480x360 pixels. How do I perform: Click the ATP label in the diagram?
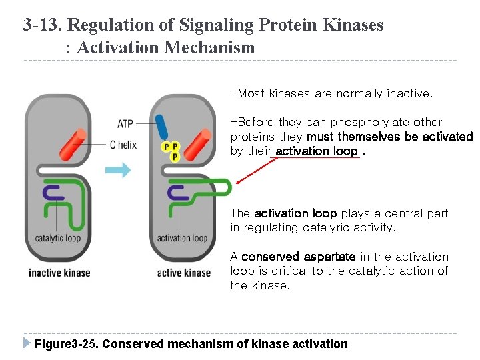(x=125, y=123)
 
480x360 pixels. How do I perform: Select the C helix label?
(x=123, y=144)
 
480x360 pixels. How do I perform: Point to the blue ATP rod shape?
(x=162, y=127)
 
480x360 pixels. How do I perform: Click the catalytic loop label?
(x=57, y=238)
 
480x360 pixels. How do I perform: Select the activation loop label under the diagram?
(x=182, y=238)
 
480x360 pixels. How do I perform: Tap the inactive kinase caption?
(x=59, y=272)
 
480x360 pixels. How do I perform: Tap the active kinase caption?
(x=183, y=272)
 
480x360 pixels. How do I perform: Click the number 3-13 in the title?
(x=42, y=25)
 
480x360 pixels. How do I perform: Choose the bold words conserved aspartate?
(x=298, y=257)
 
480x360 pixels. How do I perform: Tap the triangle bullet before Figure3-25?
(x=27, y=343)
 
